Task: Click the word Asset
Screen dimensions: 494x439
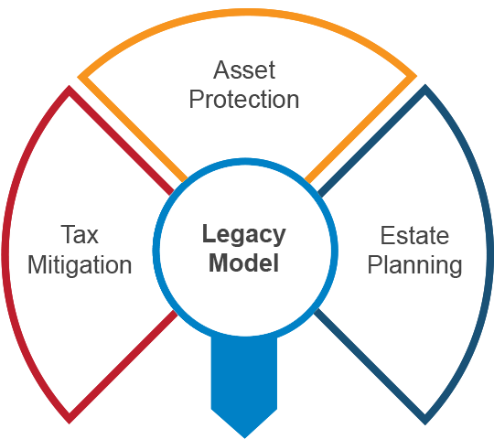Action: tap(244, 70)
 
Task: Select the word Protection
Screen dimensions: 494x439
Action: tap(244, 99)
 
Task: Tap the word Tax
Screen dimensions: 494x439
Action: tap(80, 234)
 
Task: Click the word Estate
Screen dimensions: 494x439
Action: tap(414, 235)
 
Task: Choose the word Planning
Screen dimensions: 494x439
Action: tap(415, 266)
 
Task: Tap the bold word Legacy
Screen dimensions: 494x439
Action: tap(244, 235)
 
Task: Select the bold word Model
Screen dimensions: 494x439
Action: tap(244, 262)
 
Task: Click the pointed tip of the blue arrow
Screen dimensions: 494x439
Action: tap(245, 438)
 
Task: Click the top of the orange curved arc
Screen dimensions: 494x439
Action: tap(246, 12)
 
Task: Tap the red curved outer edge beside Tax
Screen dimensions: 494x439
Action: tap(5, 252)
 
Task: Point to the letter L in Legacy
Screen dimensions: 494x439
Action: tap(209, 233)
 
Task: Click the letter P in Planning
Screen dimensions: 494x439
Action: tap(375, 264)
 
